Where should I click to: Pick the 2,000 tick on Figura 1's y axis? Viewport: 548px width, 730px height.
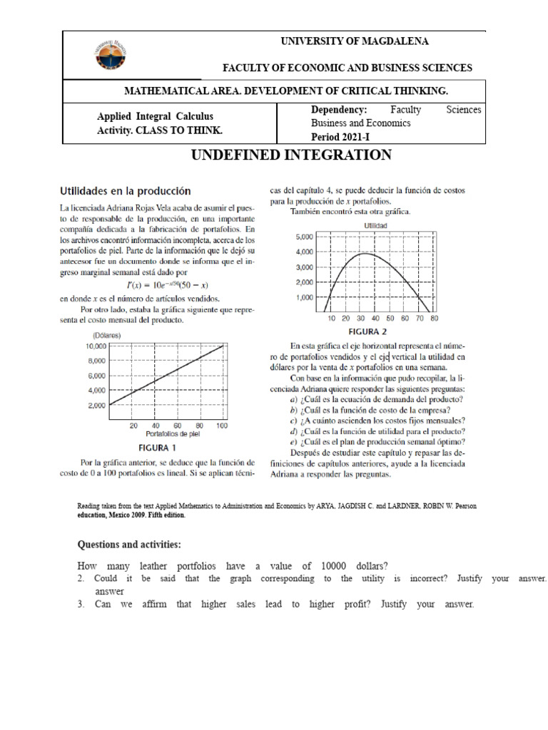tap(96, 406)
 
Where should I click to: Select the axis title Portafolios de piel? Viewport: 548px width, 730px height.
tap(172, 433)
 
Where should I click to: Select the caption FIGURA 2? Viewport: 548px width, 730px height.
tap(367, 331)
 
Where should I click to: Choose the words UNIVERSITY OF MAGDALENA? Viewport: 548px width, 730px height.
tap(355, 41)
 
